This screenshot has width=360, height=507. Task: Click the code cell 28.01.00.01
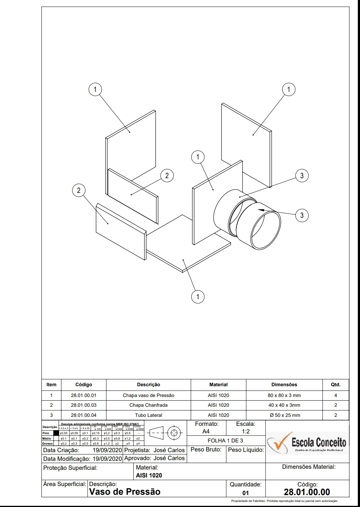click(84, 395)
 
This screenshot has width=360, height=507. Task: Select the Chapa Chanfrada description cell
click(148, 405)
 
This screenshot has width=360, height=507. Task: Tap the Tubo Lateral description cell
click(148, 415)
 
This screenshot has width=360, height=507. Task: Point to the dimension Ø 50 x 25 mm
click(285, 415)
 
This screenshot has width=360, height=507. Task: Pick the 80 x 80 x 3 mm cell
click(284, 395)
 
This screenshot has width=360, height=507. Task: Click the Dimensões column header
click(284, 384)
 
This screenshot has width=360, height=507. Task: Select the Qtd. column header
click(335, 384)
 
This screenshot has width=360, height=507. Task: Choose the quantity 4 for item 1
click(335, 395)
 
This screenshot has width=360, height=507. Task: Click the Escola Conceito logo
click(307, 443)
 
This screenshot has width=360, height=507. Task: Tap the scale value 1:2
click(246, 431)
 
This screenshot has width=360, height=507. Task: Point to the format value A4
click(206, 431)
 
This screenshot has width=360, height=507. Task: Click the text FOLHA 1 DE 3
click(225, 441)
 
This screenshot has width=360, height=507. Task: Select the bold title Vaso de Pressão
click(125, 492)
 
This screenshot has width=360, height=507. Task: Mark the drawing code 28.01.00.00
click(307, 492)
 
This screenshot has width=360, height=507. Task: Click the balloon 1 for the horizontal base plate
click(197, 297)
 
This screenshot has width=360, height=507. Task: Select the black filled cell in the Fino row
click(56, 433)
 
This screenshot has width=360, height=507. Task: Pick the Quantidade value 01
click(245, 493)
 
